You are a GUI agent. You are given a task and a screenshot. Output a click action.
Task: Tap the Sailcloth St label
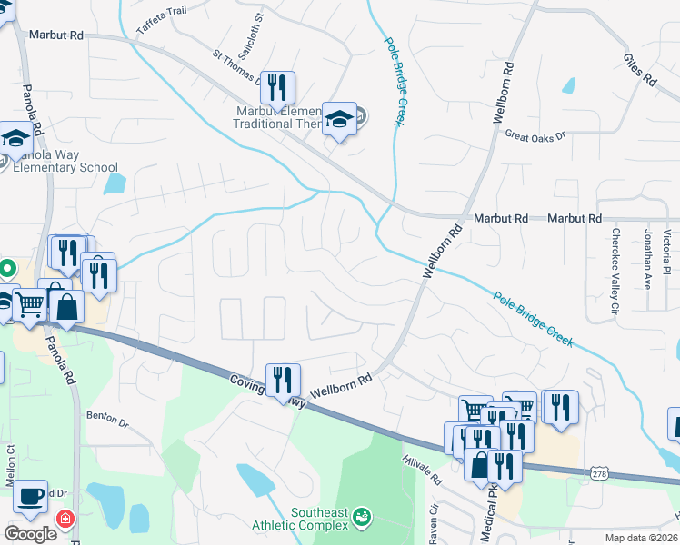pos(258,30)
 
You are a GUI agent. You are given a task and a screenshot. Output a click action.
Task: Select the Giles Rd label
pos(640,69)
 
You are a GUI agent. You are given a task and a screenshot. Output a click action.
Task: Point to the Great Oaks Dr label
pos(535,135)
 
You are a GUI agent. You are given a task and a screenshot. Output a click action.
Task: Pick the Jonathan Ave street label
pos(647,259)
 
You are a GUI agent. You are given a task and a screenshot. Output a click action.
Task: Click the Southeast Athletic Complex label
pos(320,519)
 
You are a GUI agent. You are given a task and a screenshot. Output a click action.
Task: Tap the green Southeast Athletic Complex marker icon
pos(363,516)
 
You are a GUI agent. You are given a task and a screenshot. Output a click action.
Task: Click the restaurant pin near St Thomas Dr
pos(278,87)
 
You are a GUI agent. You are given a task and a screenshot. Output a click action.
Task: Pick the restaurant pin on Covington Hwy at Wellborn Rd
pos(283,380)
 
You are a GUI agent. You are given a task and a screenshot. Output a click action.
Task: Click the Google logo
pos(30,534)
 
